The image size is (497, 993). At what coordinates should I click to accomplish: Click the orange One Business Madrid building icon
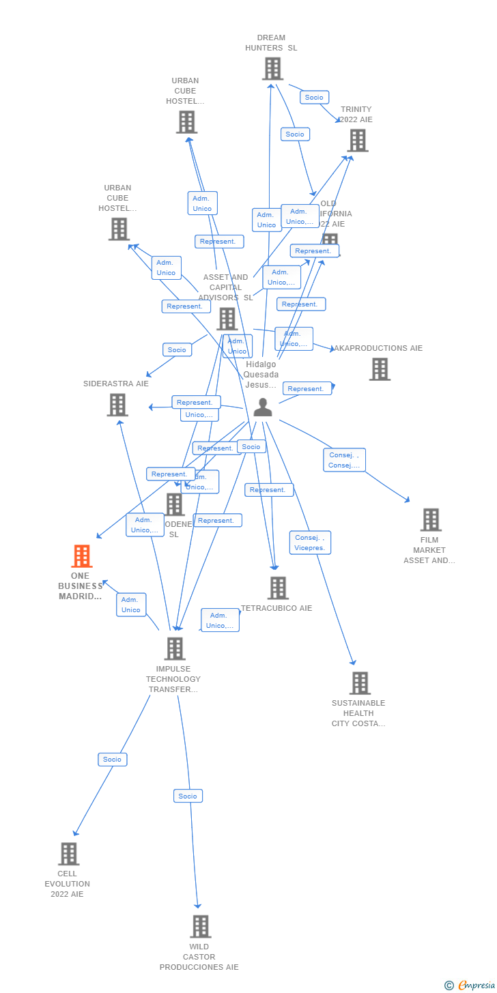(x=81, y=556)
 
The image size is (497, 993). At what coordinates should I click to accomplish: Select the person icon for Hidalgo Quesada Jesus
(x=263, y=407)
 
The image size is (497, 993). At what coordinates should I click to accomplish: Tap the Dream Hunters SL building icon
(x=272, y=69)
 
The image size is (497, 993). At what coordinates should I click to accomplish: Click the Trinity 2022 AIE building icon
(x=357, y=141)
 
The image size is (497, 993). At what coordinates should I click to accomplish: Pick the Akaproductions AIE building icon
(x=380, y=369)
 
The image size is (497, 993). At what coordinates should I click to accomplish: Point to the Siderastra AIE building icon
(x=117, y=405)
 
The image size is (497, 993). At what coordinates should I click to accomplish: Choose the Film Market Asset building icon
(x=430, y=520)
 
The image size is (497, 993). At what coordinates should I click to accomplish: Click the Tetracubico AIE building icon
(x=278, y=588)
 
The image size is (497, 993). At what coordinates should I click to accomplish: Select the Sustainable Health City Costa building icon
(x=359, y=683)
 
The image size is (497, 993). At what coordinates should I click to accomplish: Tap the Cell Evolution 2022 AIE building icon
(x=68, y=854)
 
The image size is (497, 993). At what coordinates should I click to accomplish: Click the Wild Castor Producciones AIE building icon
(x=200, y=927)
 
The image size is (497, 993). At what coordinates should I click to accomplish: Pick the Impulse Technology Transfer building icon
(x=175, y=649)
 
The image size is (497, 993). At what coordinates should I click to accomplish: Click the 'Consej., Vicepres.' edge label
(x=310, y=543)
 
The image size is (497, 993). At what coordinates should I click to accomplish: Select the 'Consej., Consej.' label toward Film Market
(x=344, y=460)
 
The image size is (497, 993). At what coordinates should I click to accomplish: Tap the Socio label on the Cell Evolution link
(x=113, y=760)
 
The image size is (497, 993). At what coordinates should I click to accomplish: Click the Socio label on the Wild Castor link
(x=188, y=796)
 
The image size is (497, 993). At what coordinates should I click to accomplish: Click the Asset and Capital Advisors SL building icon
(x=227, y=319)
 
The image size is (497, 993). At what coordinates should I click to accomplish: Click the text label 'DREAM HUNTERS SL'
(x=271, y=43)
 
